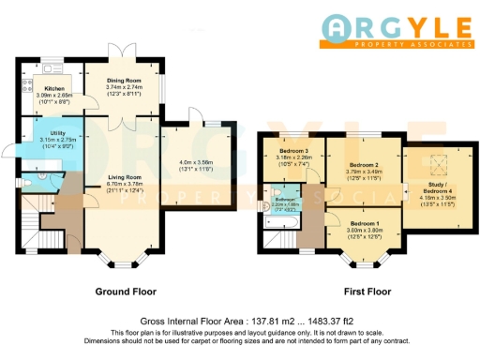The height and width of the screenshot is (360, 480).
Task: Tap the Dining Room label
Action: tap(122, 79)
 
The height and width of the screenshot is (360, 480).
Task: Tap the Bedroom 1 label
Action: tap(364, 222)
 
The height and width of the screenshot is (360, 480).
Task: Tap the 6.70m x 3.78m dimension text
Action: tap(124, 185)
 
